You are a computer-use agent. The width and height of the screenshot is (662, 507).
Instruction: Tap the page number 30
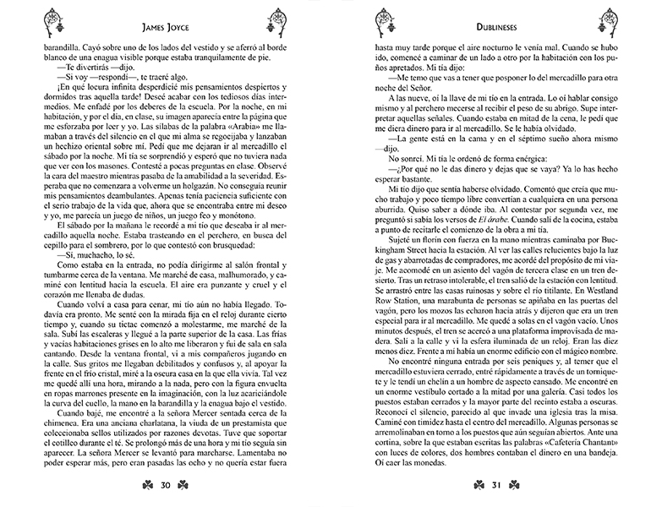point(166,483)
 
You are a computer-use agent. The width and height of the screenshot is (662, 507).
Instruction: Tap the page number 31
point(497,483)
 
